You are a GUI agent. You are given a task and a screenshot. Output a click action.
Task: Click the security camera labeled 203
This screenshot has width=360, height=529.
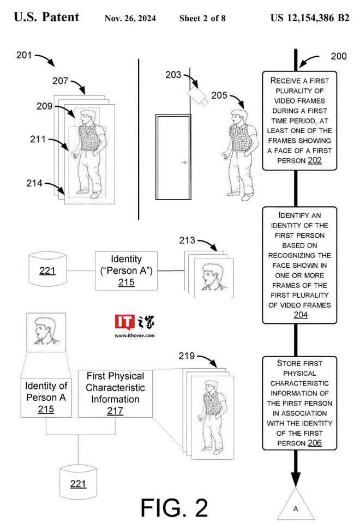197,96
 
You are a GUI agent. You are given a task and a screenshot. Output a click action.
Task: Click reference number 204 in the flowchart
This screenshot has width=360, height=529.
301,315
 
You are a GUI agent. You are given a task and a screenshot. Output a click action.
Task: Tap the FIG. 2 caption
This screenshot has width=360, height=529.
174,507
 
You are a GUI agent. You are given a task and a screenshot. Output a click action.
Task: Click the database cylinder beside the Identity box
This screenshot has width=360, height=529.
47,269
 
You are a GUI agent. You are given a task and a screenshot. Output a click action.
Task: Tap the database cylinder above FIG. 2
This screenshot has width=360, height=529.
77,483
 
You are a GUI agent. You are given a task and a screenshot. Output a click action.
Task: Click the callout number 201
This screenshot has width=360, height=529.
25,55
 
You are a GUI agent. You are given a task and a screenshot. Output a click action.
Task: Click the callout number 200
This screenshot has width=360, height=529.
339,57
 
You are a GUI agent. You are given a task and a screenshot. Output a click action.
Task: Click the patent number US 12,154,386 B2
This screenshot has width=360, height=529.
309,18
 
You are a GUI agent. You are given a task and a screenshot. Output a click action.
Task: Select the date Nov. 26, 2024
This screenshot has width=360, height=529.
130,19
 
